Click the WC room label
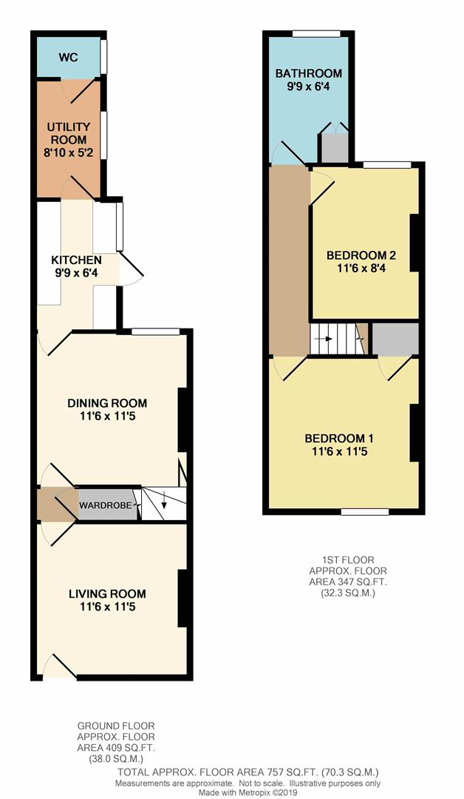(68, 57)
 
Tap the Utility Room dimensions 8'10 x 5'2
(68, 152)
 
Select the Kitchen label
(76, 260)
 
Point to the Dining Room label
(107, 403)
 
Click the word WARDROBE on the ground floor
(106, 505)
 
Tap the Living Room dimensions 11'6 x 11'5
(107, 607)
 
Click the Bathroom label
(308, 73)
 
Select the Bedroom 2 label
(361, 254)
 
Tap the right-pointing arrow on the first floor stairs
(326, 338)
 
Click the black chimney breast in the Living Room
(182, 599)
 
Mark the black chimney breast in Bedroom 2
(414, 243)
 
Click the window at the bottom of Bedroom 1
(365, 512)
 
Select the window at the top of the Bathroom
(316, 33)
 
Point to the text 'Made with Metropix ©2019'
(248, 793)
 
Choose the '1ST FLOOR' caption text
(348, 561)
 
